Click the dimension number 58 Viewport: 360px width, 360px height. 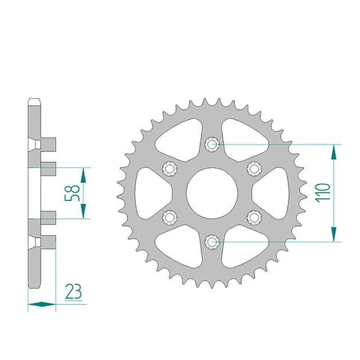(x=75, y=193)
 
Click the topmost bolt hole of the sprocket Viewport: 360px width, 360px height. (x=211, y=144)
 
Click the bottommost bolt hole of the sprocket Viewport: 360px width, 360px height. (x=211, y=242)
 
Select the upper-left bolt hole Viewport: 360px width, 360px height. (x=170, y=168)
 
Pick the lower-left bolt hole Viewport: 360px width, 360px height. (x=170, y=217)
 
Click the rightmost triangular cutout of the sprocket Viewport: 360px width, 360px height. (x=272, y=193)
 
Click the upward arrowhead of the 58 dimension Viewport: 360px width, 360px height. (x=84, y=174)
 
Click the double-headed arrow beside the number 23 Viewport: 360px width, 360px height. (x=41, y=304)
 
